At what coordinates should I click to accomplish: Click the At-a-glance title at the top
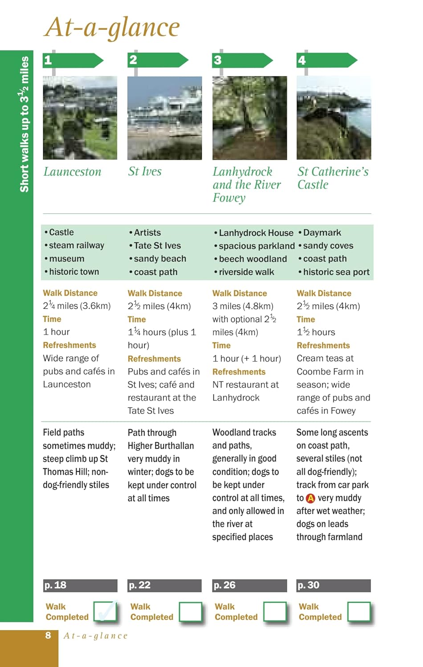[112, 27]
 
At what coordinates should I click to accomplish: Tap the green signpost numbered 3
[242, 60]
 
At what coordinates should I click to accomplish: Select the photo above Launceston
[80, 117]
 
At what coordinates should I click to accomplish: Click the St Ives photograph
[164, 117]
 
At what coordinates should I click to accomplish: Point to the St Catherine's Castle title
[333, 178]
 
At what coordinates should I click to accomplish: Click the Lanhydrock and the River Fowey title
[246, 185]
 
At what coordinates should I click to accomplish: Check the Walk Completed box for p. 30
[358, 612]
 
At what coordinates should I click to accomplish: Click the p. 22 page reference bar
[164, 585]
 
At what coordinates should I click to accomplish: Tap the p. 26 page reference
[249, 585]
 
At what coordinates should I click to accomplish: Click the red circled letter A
[310, 498]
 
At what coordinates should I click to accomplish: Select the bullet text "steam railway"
[76, 245]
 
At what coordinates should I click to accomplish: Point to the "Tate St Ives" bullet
[157, 245]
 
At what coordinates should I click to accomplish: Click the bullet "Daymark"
[322, 233]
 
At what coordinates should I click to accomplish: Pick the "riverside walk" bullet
[246, 272]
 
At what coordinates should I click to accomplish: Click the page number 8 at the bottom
[48, 635]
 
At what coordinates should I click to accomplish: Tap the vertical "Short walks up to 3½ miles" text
[24, 125]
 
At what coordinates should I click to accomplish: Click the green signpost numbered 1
[73, 60]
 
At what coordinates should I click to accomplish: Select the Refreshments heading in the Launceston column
[69, 345]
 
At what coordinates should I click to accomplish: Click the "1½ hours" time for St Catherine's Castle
[316, 332]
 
